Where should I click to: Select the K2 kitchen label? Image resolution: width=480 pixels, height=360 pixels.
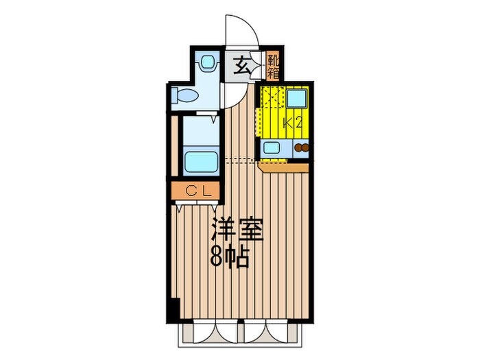pos(294,123)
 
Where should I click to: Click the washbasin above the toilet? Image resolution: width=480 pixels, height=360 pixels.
pos(206,64)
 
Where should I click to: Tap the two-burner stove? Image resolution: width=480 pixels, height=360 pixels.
pos(302,147)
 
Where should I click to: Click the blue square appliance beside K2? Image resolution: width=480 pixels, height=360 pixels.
pos(297,99)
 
